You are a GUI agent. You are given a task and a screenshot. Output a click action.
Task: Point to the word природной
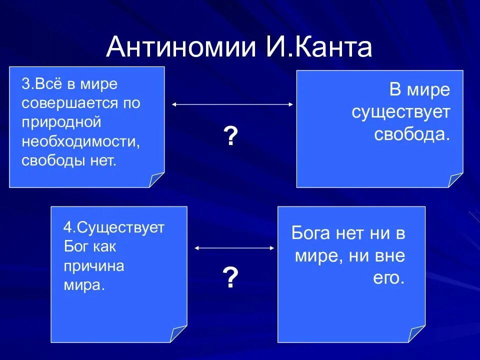61,122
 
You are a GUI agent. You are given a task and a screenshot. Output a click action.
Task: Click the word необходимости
79,141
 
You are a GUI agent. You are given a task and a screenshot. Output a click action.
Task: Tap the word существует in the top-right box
401,113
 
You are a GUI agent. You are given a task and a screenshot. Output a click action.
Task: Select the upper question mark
230,136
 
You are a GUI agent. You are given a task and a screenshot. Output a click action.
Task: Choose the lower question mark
230,277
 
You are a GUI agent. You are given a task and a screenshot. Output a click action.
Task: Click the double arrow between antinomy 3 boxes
232,104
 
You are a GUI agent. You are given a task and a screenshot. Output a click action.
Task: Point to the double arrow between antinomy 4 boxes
234,247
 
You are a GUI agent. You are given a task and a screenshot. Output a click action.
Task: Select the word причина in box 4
93,266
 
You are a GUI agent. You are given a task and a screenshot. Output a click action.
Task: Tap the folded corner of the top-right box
455,180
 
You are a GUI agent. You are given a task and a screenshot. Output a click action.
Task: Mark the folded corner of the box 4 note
178,334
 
